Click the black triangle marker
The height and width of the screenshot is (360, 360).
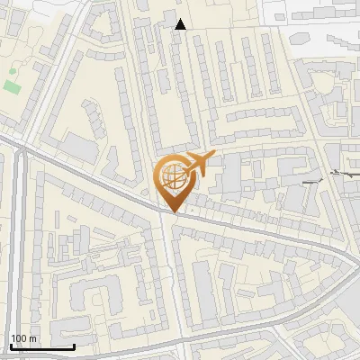(181, 24)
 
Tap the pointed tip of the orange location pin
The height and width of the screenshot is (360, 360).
(173, 211)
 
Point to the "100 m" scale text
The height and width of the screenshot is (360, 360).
(23, 338)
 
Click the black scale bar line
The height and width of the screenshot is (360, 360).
(41, 346)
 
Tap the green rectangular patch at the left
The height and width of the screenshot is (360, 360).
(12, 86)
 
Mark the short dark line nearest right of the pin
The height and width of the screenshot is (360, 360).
(312, 183)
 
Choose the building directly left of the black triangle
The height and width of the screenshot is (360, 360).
(170, 18)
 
